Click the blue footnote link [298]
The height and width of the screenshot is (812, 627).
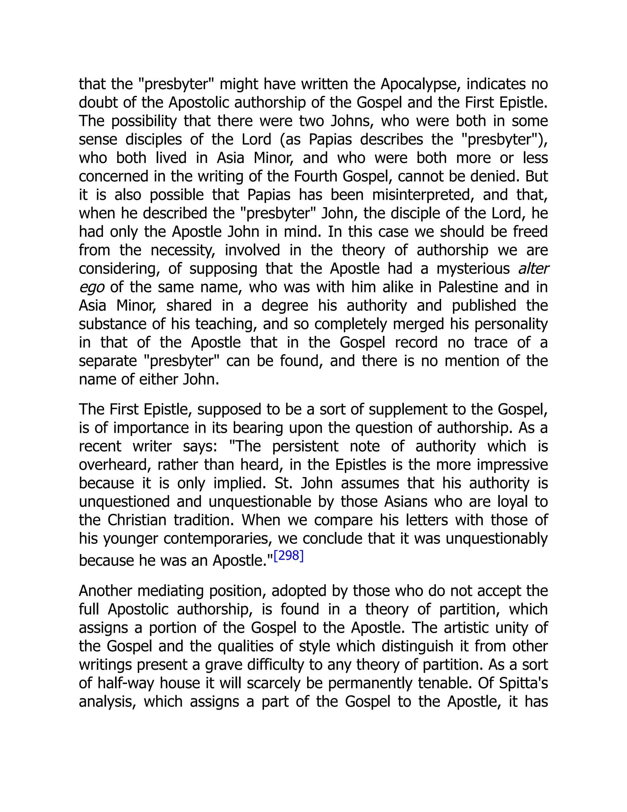(289, 556)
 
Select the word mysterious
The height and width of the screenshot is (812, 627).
(473, 268)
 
